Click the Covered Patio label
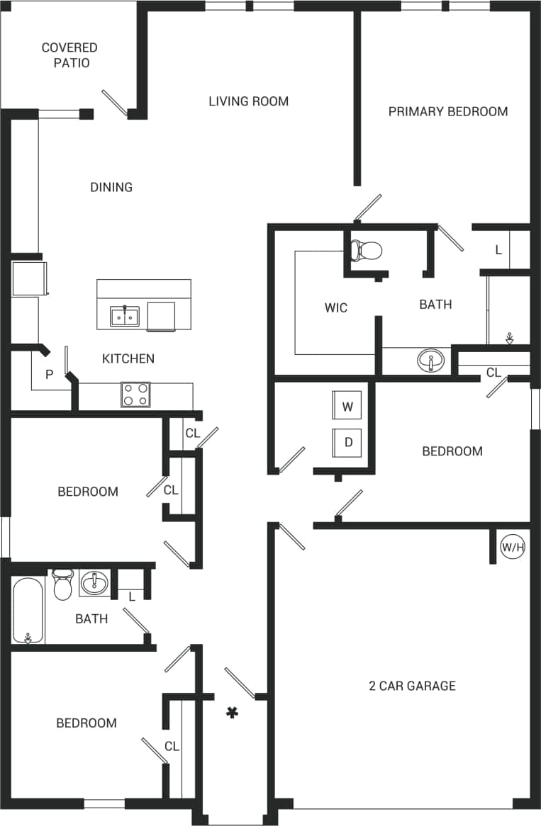(69, 55)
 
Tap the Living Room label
(248, 101)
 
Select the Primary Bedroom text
(447, 111)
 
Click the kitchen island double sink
(125, 316)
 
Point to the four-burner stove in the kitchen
(135, 395)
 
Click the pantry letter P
(49, 375)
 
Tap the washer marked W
(347, 407)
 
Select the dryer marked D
(347, 443)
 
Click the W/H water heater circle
(513, 547)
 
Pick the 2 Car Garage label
(412, 686)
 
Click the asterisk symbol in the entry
(231, 712)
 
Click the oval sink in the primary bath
(431, 361)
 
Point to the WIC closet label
(336, 308)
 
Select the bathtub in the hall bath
(28, 611)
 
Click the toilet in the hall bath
(63, 584)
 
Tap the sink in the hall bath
(94, 584)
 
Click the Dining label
(111, 187)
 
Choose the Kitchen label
(128, 358)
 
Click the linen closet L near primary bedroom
(498, 250)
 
